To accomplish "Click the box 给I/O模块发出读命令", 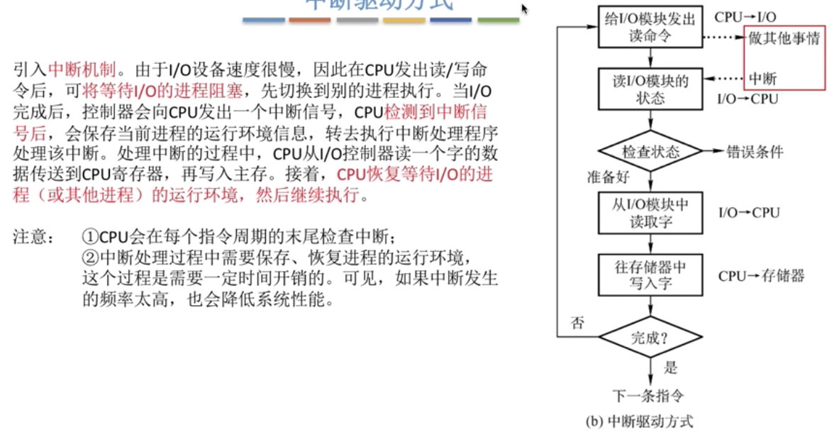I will [650, 26].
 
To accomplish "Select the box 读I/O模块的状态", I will [650, 88].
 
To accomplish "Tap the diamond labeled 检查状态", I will [650, 152].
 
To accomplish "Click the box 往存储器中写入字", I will [650, 275].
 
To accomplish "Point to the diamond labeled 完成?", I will [650, 338].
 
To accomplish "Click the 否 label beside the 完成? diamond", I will [577, 323].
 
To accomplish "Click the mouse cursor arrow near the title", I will [525, 9].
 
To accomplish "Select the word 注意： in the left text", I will [33, 236].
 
